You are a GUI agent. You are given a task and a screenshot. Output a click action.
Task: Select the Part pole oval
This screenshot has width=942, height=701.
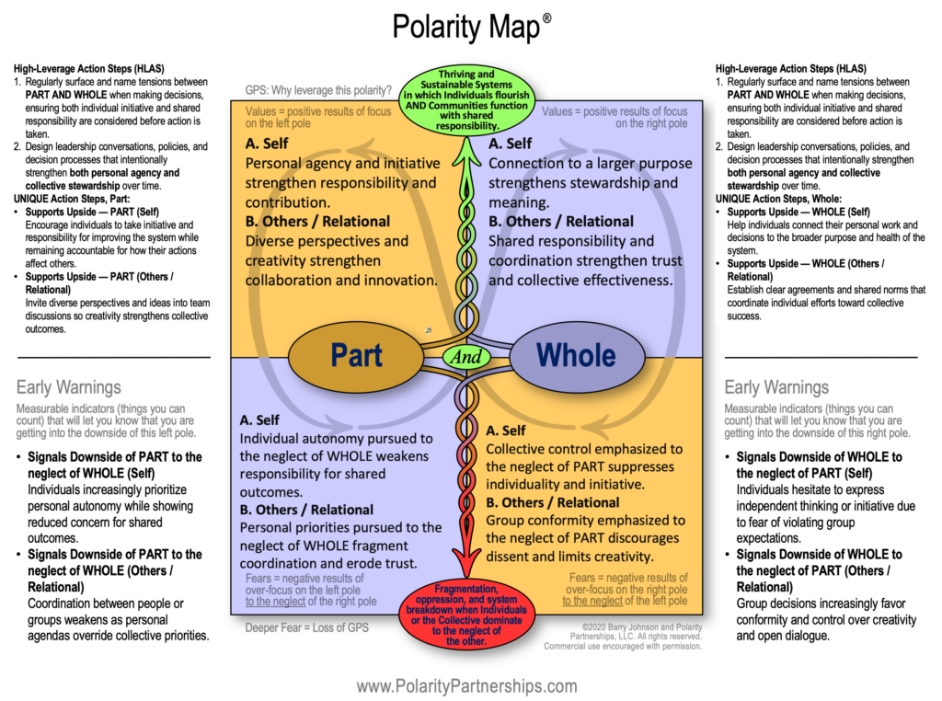(356, 355)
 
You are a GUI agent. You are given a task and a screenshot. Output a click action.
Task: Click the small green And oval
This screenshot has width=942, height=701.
(467, 356)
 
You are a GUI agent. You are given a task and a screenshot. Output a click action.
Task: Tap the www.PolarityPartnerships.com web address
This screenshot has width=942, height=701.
(466, 686)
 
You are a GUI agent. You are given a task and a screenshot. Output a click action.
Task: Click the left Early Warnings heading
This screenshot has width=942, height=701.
(69, 387)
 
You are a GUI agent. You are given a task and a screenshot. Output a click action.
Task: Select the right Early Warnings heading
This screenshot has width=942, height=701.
(776, 387)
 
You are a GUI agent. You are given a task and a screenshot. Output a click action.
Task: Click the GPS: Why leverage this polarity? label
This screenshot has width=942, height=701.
(318, 90)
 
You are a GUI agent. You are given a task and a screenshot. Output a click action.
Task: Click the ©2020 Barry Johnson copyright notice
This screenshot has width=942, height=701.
(624, 634)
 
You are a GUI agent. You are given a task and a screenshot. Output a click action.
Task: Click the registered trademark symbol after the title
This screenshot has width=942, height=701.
(547, 17)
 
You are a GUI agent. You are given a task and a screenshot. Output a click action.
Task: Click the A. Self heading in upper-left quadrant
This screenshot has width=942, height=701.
(267, 144)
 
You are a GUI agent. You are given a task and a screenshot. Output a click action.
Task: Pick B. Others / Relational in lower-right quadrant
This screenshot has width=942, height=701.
(553, 502)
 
